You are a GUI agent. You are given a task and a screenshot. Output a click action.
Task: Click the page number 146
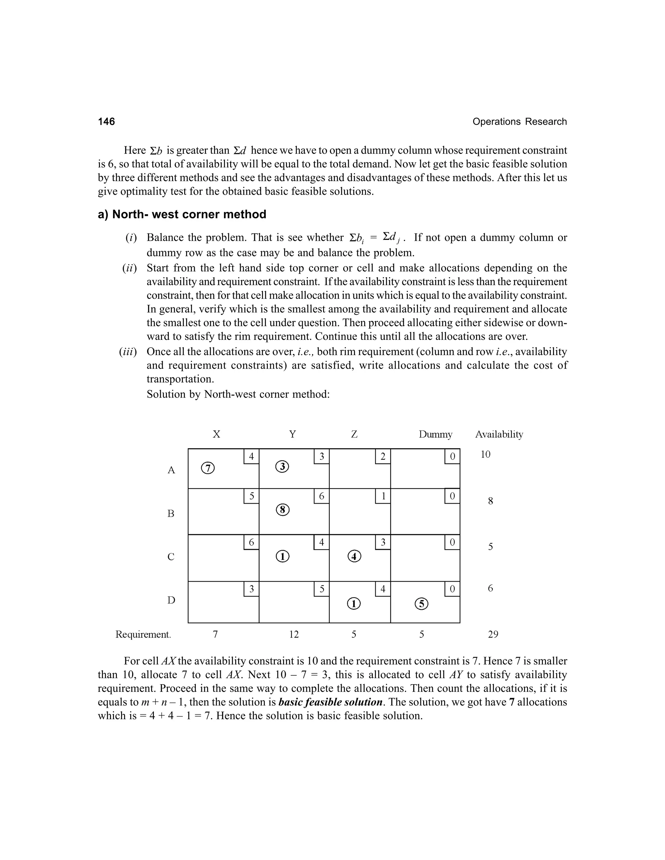pos(107,121)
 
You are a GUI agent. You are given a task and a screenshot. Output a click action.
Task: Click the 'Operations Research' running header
pos(519,122)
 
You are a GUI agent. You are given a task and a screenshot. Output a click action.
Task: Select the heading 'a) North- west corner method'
pos(182,215)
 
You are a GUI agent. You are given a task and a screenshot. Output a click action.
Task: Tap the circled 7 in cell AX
pos(208,468)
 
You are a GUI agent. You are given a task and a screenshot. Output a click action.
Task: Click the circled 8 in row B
pos(282,510)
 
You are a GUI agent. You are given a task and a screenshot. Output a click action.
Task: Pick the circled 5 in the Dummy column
pos(421,604)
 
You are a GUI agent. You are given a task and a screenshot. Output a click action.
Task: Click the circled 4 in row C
pos(354,556)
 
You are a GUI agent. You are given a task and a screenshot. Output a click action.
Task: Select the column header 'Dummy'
pos(435,434)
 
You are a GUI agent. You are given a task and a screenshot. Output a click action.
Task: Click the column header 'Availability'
pos(499,434)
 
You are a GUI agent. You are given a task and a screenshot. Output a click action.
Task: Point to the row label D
pos(171,600)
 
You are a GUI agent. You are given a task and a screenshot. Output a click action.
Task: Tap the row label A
pos(171,470)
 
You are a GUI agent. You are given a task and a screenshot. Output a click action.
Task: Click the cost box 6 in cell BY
pos(321,496)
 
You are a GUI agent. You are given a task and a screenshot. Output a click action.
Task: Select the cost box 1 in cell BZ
pos(383,496)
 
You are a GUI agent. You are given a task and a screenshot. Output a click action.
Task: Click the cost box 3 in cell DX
pos(251,589)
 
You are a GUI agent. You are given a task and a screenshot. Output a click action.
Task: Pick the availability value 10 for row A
pos(485,455)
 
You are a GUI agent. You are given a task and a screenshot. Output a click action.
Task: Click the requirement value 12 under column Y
pos(294,634)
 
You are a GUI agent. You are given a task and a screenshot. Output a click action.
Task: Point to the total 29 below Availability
pos(493,634)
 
